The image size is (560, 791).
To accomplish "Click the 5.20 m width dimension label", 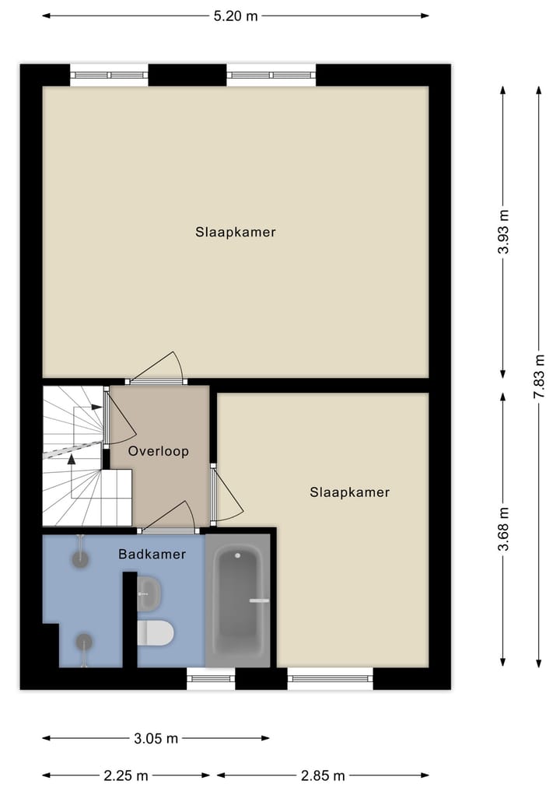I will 236,16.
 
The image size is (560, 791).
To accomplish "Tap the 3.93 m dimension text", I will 504,232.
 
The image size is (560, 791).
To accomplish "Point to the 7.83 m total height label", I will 538,376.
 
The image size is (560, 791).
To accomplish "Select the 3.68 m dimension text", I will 504,529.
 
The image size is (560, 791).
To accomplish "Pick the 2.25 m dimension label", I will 126,775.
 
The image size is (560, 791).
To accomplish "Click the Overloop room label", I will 159,451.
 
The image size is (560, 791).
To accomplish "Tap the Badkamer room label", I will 152,555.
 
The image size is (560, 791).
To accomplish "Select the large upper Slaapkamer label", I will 236,232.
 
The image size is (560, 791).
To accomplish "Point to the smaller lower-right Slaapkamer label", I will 349,492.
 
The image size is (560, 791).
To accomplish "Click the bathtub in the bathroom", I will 238,600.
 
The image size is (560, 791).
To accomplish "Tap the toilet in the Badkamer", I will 155,632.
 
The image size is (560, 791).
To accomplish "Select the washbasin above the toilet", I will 150,594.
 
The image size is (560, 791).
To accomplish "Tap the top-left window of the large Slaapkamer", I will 109,75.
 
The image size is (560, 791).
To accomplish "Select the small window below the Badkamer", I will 211,679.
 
